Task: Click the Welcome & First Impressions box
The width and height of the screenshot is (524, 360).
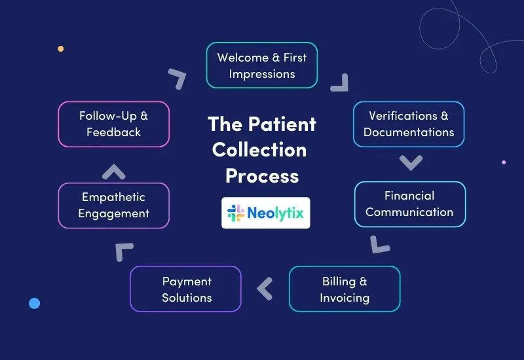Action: (x=262, y=65)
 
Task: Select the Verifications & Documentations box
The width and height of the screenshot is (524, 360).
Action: (x=409, y=124)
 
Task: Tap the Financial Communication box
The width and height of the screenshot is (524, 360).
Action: (x=409, y=204)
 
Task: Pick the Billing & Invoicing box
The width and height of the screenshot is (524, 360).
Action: (x=345, y=289)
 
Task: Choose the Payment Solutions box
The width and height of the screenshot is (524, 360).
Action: (x=186, y=289)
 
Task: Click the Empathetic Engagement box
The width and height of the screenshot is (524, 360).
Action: (x=114, y=206)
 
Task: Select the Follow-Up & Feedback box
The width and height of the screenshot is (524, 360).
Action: (x=114, y=124)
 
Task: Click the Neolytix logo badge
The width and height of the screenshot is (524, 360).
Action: (x=266, y=213)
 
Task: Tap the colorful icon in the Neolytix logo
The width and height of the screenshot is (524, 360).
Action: (x=236, y=213)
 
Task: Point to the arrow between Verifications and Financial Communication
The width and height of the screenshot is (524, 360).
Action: (x=411, y=162)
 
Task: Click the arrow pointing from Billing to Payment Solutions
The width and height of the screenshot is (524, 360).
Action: (x=265, y=289)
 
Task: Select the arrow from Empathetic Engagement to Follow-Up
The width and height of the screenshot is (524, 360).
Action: (x=114, y=172)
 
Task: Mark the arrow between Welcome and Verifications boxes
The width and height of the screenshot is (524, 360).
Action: (x=340, y=82)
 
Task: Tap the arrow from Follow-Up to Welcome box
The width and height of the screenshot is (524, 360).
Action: (x=177, y=78)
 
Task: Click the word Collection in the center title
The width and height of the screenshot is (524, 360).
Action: (x=259, y=150)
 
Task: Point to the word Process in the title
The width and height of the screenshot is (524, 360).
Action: (x=262, y=175)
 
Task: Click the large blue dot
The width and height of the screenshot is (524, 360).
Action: (x=35, y=303)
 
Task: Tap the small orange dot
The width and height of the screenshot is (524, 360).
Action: (x=61, y=48)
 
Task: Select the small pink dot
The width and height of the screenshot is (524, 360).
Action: (x=504, y=162)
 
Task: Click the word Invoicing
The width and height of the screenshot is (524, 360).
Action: (x=345, y=298)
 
